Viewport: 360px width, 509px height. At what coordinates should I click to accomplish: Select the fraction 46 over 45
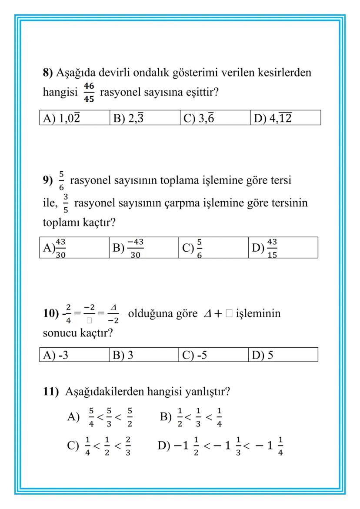click(90, 93)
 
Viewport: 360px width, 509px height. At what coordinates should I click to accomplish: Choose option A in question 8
click(60, 117)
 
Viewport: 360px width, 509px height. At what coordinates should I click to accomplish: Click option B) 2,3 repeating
click(128, 117)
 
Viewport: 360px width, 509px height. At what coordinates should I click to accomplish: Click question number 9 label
click(47, 181)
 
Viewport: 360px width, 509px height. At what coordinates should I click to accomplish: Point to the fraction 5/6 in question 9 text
click(61, 182)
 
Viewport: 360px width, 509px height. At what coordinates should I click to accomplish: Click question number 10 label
click(50, 314)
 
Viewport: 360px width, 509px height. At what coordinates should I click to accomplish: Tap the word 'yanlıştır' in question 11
click(204, 392)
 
